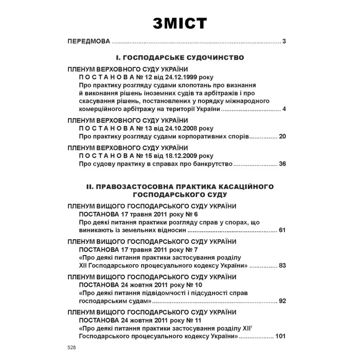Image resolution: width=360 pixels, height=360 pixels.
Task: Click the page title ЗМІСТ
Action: (x=179, y=23)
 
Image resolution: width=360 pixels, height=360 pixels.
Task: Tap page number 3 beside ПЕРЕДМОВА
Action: (x=284, y=42)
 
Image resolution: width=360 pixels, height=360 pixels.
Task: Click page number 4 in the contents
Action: (x=284, y=110)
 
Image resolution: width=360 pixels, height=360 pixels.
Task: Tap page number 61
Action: (x=282, y=230)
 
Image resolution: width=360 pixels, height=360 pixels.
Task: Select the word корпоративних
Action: (x=195, y=137)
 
